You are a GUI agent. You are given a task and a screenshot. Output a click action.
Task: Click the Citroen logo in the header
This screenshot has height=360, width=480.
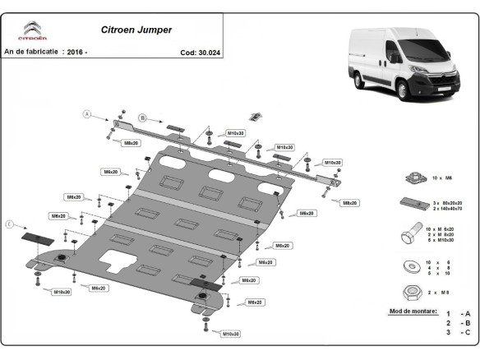tap(34, 30)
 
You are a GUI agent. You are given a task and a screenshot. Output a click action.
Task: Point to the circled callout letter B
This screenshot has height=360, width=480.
tap(141, 118)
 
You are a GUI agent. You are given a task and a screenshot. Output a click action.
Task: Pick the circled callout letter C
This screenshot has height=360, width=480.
tap(10, 224)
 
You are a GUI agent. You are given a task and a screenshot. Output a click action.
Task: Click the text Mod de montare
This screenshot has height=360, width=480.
tap(411, 312)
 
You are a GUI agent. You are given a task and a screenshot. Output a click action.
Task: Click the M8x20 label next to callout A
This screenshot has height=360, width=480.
tap(130, 143)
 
